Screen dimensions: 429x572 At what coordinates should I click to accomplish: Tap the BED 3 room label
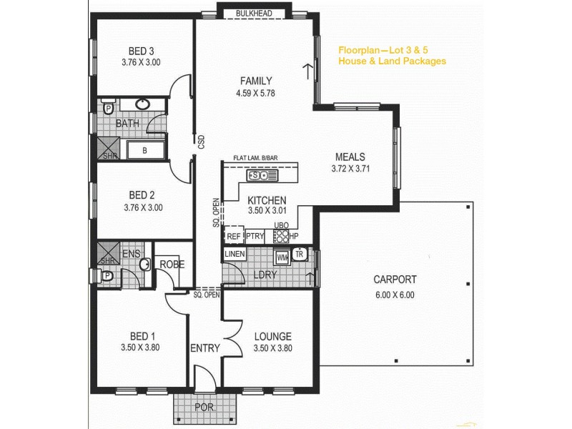pyautogui.click(x=142, y=51)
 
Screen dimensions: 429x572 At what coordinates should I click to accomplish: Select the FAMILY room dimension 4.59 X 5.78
pyautogui.click(x=255, y=93)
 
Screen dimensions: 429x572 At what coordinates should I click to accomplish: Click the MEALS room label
pyautogui.click(x=350, y=157)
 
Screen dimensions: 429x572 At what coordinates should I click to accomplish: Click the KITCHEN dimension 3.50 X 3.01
pyautogui.click(x=267, y=212)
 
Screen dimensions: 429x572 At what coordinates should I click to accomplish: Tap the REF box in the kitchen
pyautogui.click(x=233, y=236)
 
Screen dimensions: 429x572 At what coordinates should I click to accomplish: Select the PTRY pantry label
pyautogui.click(x=255, y=236)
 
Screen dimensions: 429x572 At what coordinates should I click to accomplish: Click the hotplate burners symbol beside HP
pyautogui.click(x=281, y=236)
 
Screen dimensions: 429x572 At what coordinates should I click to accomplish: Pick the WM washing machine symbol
pyautogui.click(x=282, y=255)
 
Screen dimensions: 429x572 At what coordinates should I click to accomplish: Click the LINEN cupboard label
pyautogui.click(x=235, y=255)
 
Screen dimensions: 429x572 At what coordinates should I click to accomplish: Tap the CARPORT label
pyautogui.click(x=395, y=280)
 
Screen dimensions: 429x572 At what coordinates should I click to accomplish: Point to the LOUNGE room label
pyautogui.click(x=272, y=336)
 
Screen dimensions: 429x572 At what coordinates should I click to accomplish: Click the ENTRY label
pyautogui.click(x=205, y=348)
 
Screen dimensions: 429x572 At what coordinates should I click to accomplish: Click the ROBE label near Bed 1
pyautogui.click(x=172, y=264)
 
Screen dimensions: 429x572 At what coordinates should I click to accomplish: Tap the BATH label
pyautogui.click(x=127, y=124)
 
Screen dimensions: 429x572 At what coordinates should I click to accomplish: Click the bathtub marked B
pyautogui.click(x=145, y=150)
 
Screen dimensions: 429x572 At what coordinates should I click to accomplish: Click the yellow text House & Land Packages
pyautogui.click(x=392, y=61)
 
